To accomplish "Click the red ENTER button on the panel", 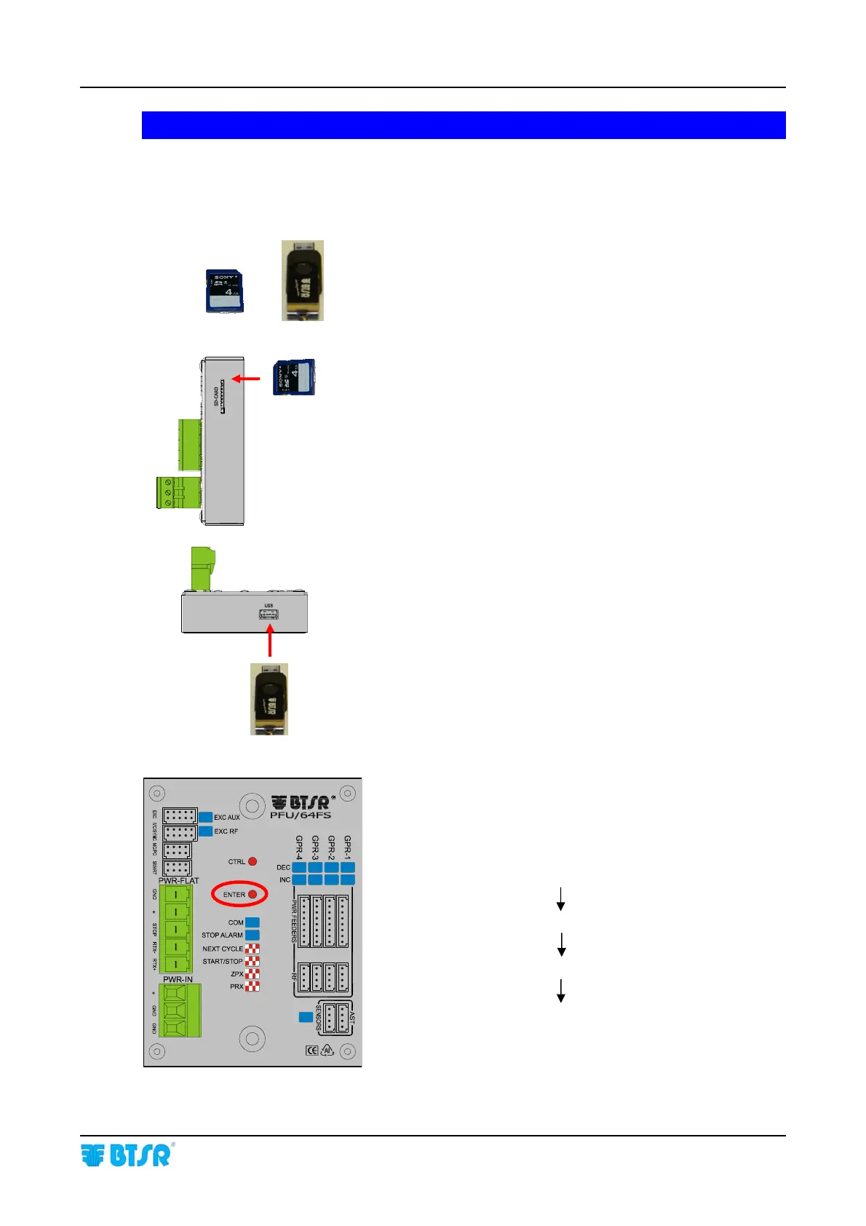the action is click(253, 894).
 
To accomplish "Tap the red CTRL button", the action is click(253, 861).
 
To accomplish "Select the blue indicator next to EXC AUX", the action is click(206, 817).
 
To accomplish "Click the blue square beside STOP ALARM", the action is click(252, 935).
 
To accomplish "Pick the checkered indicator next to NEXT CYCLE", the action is click(252, 949).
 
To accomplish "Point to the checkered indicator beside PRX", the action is click(252, 986).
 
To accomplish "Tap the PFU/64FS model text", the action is click(301, 815).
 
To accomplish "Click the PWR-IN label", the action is click(178, 979).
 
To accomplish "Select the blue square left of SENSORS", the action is click(306, 1016).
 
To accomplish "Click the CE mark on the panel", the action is click(311, 1051).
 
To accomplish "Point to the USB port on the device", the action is click(269, 615).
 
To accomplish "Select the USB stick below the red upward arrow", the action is click(269, 699).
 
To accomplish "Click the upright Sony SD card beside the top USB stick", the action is click(224, 292).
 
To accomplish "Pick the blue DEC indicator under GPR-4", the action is click(299, 867).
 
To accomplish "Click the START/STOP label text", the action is click(222, 961).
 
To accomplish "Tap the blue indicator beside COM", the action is click(252, 922).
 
